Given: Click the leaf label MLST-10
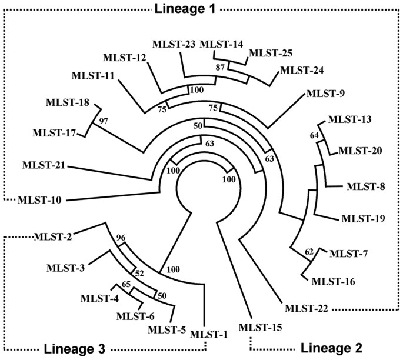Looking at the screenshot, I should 41,200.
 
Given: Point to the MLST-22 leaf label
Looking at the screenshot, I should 306,308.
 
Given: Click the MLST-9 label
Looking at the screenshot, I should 325,93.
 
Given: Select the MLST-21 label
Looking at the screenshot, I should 45,165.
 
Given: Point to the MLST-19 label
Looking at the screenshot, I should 364,219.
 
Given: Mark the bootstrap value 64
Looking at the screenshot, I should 314,136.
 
